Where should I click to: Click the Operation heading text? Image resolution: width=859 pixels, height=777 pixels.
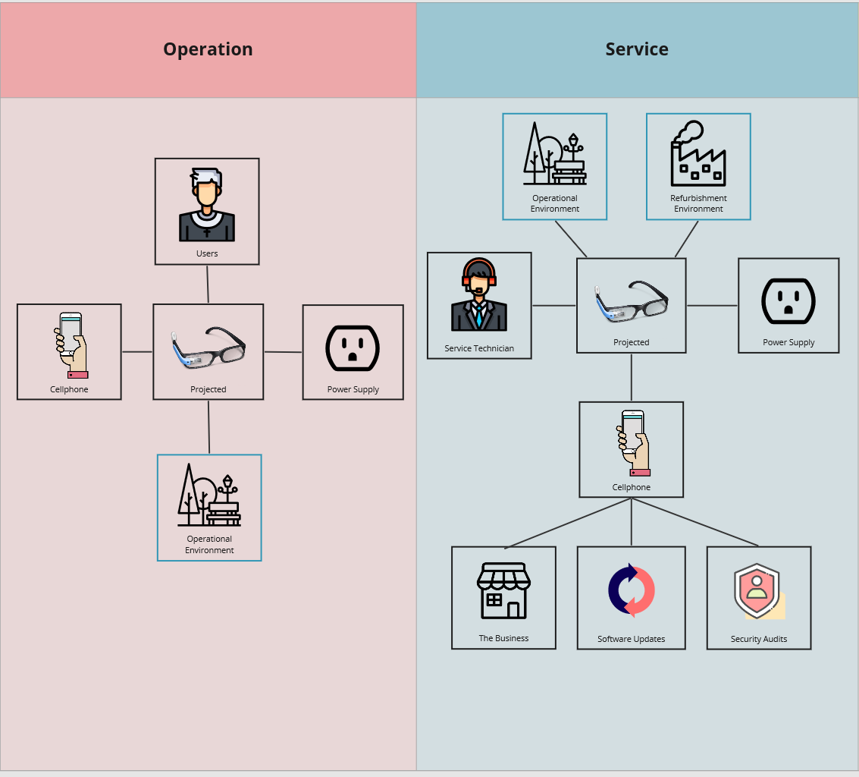pos(208,49)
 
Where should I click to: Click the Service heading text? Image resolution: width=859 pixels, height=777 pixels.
pos(637,49)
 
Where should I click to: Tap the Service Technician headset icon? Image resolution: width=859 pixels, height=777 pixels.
pos(479,295)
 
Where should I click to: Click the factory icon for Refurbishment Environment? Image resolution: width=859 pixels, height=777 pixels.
pos(698,154)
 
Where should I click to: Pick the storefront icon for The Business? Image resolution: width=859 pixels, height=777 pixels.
pos(503,591)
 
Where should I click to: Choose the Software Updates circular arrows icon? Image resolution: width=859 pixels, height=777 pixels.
pos(631,590)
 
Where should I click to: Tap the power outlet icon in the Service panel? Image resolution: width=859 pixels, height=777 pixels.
pos(788,300)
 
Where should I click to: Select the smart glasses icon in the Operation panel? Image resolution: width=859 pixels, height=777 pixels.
pos(208,348)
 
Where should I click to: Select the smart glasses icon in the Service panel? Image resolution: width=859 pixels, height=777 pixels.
pos(632,301)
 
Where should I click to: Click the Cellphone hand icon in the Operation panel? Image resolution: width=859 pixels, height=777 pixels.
pos(71,345)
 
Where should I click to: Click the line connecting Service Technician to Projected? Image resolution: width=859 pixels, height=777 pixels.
pos(554,306)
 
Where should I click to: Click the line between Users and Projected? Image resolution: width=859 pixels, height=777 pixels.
pos(208,285)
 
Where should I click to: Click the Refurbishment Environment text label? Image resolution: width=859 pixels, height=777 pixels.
pos(698,203)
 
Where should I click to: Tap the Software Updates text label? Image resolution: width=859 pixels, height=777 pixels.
pos(631,639)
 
